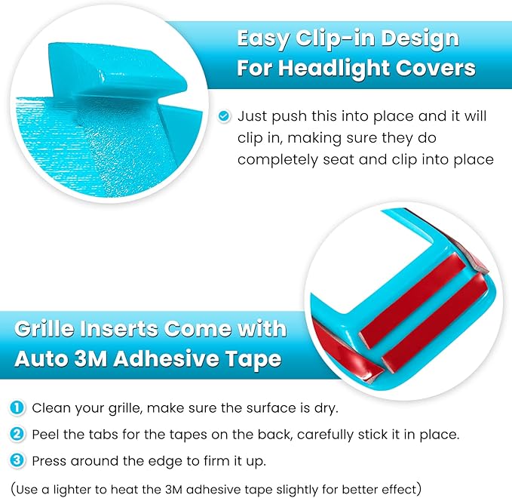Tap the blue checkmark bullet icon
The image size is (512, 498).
point(224,116)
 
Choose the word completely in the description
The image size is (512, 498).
point(274,160)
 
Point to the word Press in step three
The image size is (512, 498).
point(48,460)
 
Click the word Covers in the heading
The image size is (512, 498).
point(438,68)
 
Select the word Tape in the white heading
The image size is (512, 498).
point(253,359)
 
